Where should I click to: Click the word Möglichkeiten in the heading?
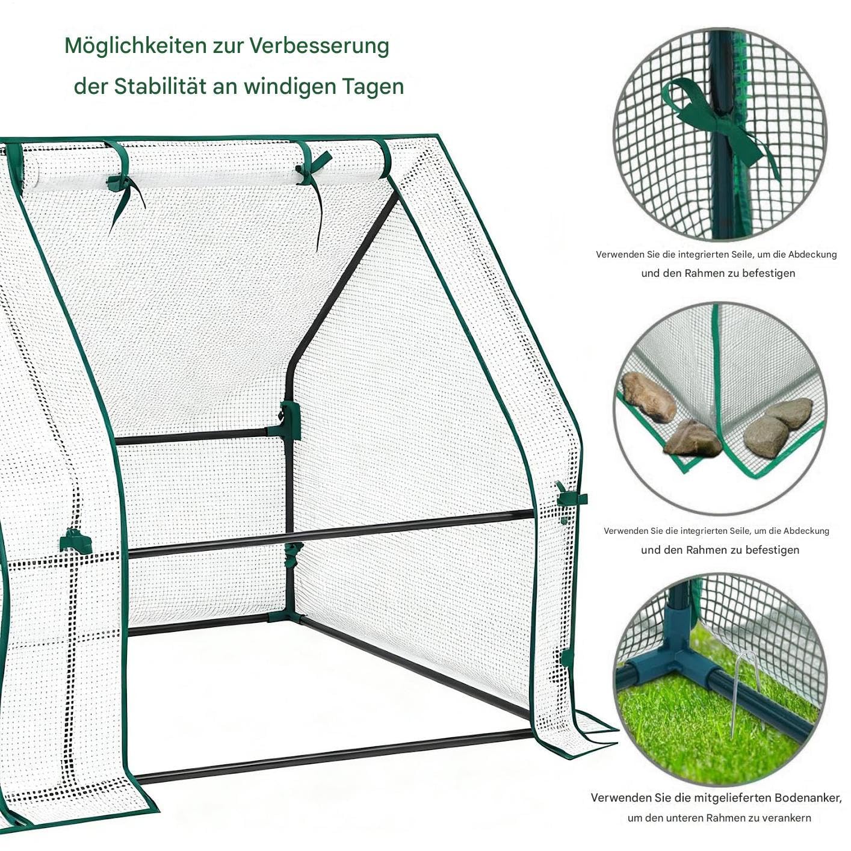point(136,46)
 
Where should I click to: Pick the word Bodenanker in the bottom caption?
point(790,798)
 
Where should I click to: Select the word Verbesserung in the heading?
point(320,46)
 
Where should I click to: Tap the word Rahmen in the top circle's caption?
point(705,273)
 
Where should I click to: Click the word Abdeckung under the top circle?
point(812,255)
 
